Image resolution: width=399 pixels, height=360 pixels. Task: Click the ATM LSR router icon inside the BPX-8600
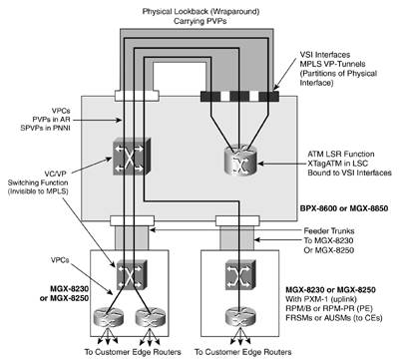point(241,161)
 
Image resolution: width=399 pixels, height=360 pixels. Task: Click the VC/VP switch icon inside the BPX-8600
point(131,157)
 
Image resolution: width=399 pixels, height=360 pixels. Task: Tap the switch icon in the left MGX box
point(131,274)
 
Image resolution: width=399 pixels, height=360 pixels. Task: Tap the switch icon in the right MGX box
point(240,274)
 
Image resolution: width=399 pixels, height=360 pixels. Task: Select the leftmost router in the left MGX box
point(108,317)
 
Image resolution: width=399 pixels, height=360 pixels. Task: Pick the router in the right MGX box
point(240,316)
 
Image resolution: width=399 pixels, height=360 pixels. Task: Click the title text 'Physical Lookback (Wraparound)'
point(200,11)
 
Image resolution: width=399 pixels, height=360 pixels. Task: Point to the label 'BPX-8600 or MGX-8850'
point(344,208)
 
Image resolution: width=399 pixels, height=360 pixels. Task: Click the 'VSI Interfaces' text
point(325,55)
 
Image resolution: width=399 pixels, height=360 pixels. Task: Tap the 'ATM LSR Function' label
point(341,154)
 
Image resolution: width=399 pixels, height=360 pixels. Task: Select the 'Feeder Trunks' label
point(329,231)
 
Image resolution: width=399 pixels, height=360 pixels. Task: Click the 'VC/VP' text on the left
point(55,174)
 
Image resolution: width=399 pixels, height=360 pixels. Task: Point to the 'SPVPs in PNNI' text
point(45,128)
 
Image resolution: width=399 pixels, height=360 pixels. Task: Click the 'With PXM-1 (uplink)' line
point(321,299)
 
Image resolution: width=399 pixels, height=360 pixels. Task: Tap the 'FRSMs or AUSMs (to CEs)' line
point(334,318)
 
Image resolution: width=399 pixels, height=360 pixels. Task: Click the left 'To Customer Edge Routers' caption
point(133,352)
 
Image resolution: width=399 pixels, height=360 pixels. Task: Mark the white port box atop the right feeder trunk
point(237,220)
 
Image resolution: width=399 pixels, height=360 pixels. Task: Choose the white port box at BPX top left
point(137,96)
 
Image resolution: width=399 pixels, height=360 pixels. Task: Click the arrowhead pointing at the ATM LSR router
point(260,164)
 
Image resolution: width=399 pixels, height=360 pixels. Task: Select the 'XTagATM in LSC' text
point(338,164)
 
